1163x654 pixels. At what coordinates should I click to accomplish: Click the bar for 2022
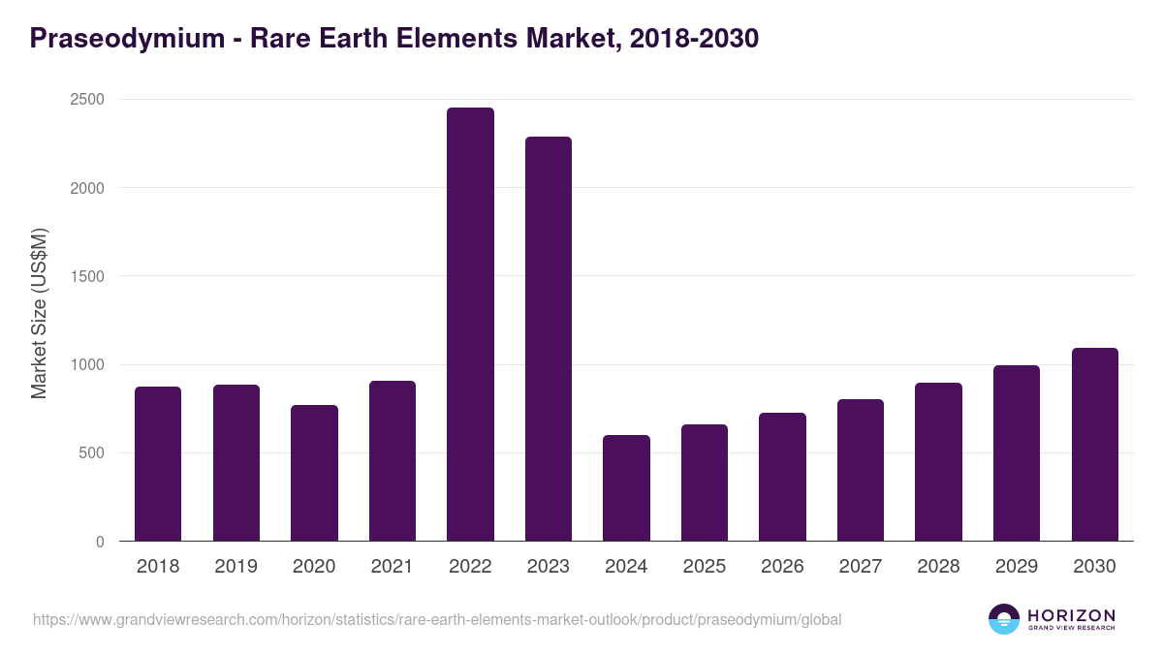pyautogui.click(x=470, y=325)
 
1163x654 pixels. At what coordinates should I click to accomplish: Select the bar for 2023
pyautogui.click(x=549, y=339)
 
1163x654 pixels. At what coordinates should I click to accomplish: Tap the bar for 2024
pyautogui.click(x=626, y=488)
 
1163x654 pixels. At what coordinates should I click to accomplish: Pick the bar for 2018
pyautogui.click(x=158, y=464)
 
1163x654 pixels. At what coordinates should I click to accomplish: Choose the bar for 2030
pyautogui.click(x=1094, y=445)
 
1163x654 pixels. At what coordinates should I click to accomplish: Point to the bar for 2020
pyautogui.click(x=314, y=473)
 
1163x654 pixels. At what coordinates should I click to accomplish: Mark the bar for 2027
pyautogui.click(x=861, y=470)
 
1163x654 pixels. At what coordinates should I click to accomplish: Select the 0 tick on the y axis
pyautogui.click(x=101, y=542)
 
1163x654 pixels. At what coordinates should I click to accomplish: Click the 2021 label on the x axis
pyautogui.click(x=392, y=567)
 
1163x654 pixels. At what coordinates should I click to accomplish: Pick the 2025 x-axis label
pyautogui.click(x=704, y=567)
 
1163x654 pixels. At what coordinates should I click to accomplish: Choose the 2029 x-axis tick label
pyautogui.click(x=1016, y=567)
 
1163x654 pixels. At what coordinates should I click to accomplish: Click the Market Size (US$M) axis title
pyautogui.click(x=39, y=313)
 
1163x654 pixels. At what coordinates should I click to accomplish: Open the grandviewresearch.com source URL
pyautogui.click(x=437, y=619)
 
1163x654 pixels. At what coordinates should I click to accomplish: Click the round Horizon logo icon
pyautogui.click(x=1003, y=619)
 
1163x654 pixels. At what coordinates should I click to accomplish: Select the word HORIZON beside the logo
pyautogui.click(x=1071, y=615)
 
